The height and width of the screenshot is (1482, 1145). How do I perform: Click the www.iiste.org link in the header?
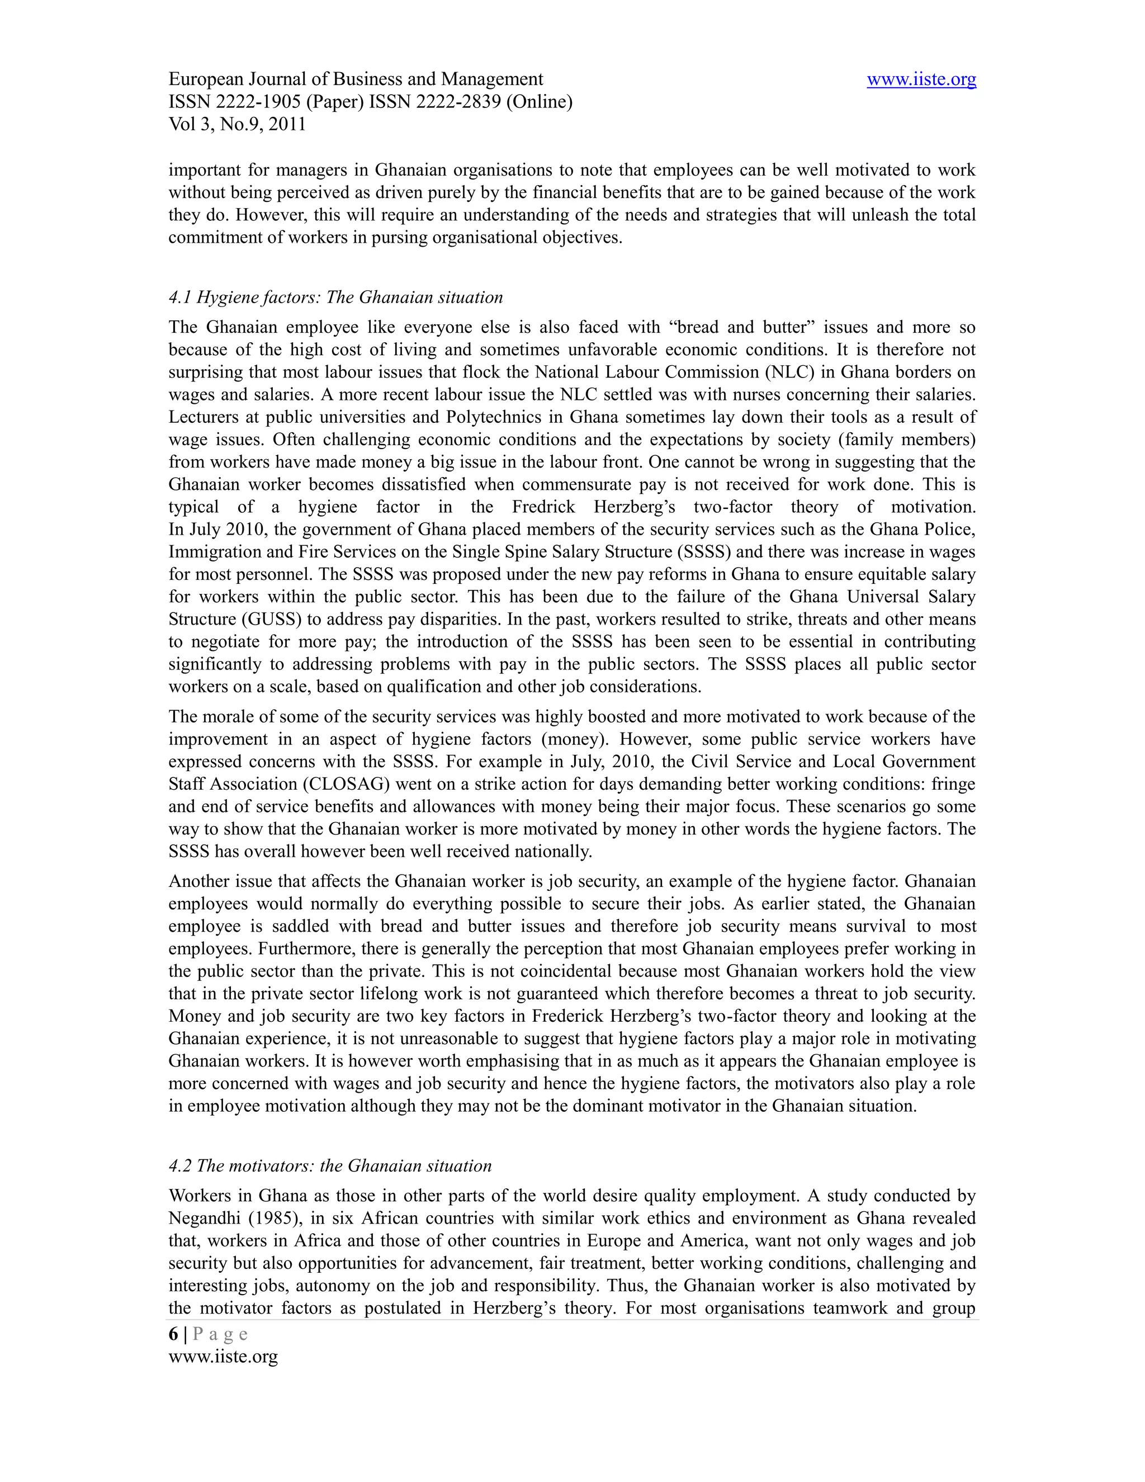[921, 79]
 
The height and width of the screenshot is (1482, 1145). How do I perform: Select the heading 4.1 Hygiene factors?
[336, 297]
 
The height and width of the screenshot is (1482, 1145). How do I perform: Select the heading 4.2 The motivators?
[330, 1166]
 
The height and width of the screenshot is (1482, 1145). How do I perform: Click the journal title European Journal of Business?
[356, 79]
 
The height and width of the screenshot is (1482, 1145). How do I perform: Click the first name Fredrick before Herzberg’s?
[543, 507]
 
